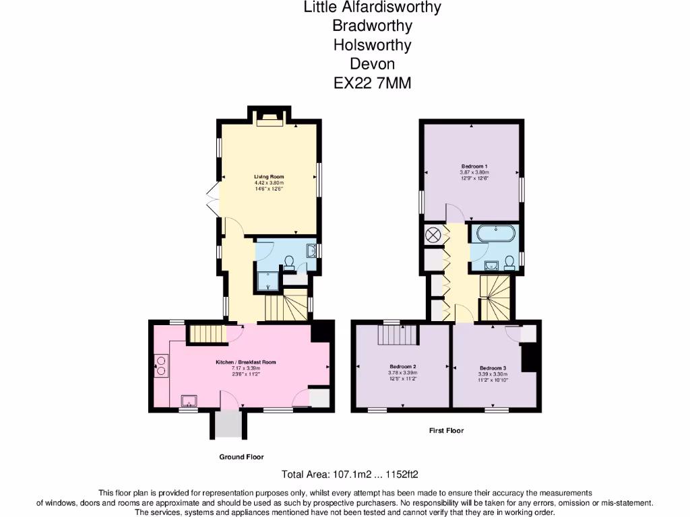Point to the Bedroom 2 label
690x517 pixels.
403,367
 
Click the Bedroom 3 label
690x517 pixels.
493,368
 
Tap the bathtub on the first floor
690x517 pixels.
496,234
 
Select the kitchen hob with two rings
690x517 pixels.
162,368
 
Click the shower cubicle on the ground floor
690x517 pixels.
268,281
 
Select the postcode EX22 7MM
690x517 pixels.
372,83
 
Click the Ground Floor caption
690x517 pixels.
241,456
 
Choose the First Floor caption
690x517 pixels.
446,430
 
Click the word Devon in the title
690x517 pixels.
372,64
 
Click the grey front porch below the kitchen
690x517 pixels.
228,423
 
